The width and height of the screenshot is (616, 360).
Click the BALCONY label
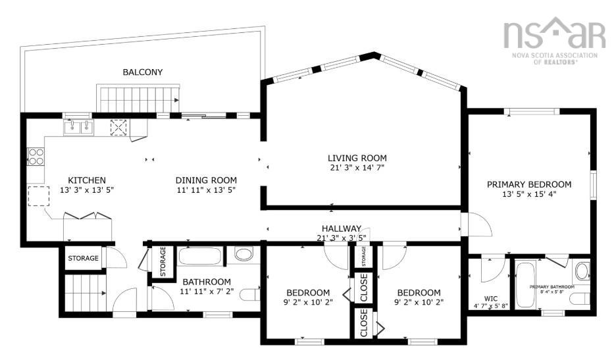point(142,72)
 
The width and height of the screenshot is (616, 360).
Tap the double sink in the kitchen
point(78,126)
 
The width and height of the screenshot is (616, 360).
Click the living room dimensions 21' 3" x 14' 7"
point(357,168)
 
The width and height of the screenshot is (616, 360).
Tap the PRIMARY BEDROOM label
point(528,184)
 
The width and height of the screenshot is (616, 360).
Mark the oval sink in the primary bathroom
point(582,270)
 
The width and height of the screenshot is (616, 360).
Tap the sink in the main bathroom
point(244,255)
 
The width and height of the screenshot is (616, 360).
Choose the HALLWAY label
point(338,228)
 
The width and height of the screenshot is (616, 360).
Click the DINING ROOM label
point(205,180)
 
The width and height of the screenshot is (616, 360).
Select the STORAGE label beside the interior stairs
point(83,258)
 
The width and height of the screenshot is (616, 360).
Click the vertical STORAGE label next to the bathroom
point(162,261)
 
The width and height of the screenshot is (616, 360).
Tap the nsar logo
point(553,34)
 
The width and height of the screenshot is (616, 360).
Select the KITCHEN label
point(87,180)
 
